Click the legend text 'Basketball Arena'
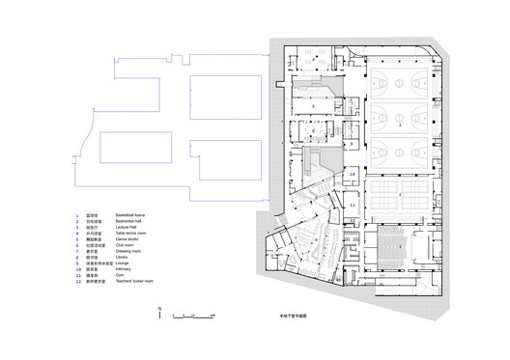[x=130, y=214]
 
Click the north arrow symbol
[x=158, y=311]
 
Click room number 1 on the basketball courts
[x=400, y=125]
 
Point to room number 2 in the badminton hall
[x=400, y=194]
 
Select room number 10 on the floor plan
[x=353, y=176]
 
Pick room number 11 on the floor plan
[x=353, y=206]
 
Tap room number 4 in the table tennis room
[x=314, y=60]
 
